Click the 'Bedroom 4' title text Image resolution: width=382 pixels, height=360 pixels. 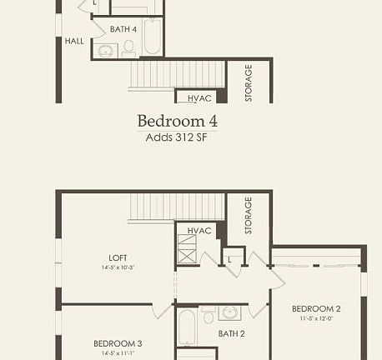(x=177, y=120)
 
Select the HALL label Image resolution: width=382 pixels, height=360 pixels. (x=74, y=40)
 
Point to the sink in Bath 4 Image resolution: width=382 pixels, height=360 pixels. (x=107, y=51)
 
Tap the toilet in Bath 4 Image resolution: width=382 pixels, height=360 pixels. (x=128, y=49)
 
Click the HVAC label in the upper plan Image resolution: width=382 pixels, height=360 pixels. (x=199, y=97)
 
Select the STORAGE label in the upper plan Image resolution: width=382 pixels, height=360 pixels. (x=249, y=82)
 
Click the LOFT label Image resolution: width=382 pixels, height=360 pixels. (x=118, y=257)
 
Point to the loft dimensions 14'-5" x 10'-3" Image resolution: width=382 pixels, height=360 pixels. (x=118, y=267)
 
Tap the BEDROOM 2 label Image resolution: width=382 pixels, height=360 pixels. (x=316, y=308)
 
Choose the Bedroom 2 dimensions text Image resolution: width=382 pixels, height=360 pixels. (x=316, y=317)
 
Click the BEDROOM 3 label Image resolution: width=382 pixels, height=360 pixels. (x=118, y=343)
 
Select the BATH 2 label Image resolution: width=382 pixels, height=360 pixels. (x=231, y=334)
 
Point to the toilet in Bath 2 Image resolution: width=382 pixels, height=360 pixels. (x=208, y=315)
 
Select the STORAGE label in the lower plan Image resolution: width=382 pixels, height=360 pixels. (x=249, y=215)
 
